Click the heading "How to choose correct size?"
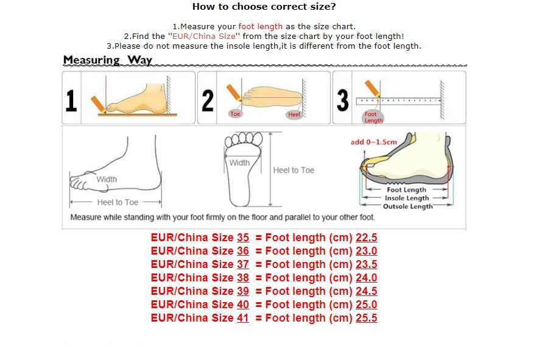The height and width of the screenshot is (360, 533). point(264,7)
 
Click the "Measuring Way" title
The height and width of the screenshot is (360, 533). point(108,60)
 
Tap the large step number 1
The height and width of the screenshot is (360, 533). point(71,101)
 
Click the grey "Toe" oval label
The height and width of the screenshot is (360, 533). point(235,114)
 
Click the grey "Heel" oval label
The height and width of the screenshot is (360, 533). point(294,115)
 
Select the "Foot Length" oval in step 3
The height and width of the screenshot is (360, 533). point(372,117)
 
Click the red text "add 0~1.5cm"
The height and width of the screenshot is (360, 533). point(373,142)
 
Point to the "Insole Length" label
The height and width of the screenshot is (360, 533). point(406,198)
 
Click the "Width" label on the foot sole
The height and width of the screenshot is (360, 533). point(239,163)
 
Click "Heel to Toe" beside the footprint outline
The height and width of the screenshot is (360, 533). point(294,170)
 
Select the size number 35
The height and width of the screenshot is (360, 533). point(242,238)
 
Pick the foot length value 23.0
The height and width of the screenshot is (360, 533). point(366,251)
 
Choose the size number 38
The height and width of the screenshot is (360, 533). point(242,278)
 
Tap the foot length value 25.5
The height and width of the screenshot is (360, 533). point(366,318)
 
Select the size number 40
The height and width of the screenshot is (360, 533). point(242,305)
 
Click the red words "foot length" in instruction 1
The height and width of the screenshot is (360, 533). point(260,26)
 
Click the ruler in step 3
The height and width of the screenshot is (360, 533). point(399,101)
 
